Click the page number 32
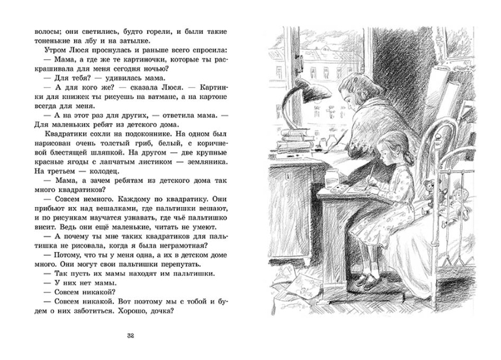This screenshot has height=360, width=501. coord(131,336)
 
